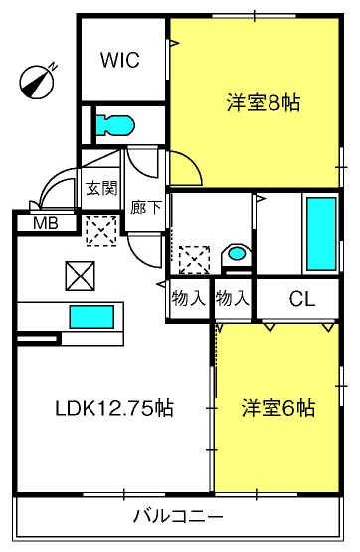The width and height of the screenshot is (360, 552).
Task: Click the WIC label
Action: click(x=120, y=60)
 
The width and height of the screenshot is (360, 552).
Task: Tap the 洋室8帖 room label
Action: click(x=264, y=103)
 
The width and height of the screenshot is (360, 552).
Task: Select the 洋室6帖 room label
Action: click(x=278, y=408)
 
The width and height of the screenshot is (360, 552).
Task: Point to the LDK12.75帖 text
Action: click(x=114, y=408)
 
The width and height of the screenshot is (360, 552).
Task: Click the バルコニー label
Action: click(x=178, y=517)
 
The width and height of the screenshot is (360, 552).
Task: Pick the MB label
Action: click(x=46, y=223)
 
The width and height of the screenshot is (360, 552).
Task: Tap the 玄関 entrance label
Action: click(x=101, y=189)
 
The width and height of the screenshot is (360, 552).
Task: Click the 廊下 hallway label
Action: click(x=145, y=208)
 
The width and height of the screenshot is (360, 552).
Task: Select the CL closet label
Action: click(x=302, y=299)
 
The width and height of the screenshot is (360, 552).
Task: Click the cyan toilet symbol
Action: click(x=115, y=125)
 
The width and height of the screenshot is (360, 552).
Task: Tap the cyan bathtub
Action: click(x=321, y=234)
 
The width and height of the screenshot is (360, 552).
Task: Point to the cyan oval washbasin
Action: click(x=236, y=253)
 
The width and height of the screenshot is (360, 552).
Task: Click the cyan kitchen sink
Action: click(x=91, y=317)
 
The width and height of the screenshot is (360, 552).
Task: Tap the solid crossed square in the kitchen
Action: click(x=80, y=276)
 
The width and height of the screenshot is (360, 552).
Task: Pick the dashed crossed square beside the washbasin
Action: click(x=194, y=260)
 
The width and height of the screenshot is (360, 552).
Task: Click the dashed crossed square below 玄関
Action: click(x=101, y=231)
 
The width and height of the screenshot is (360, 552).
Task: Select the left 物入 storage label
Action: click(x=188, y=299)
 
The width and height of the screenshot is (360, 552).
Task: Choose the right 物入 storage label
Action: click(x=233, y=299)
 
